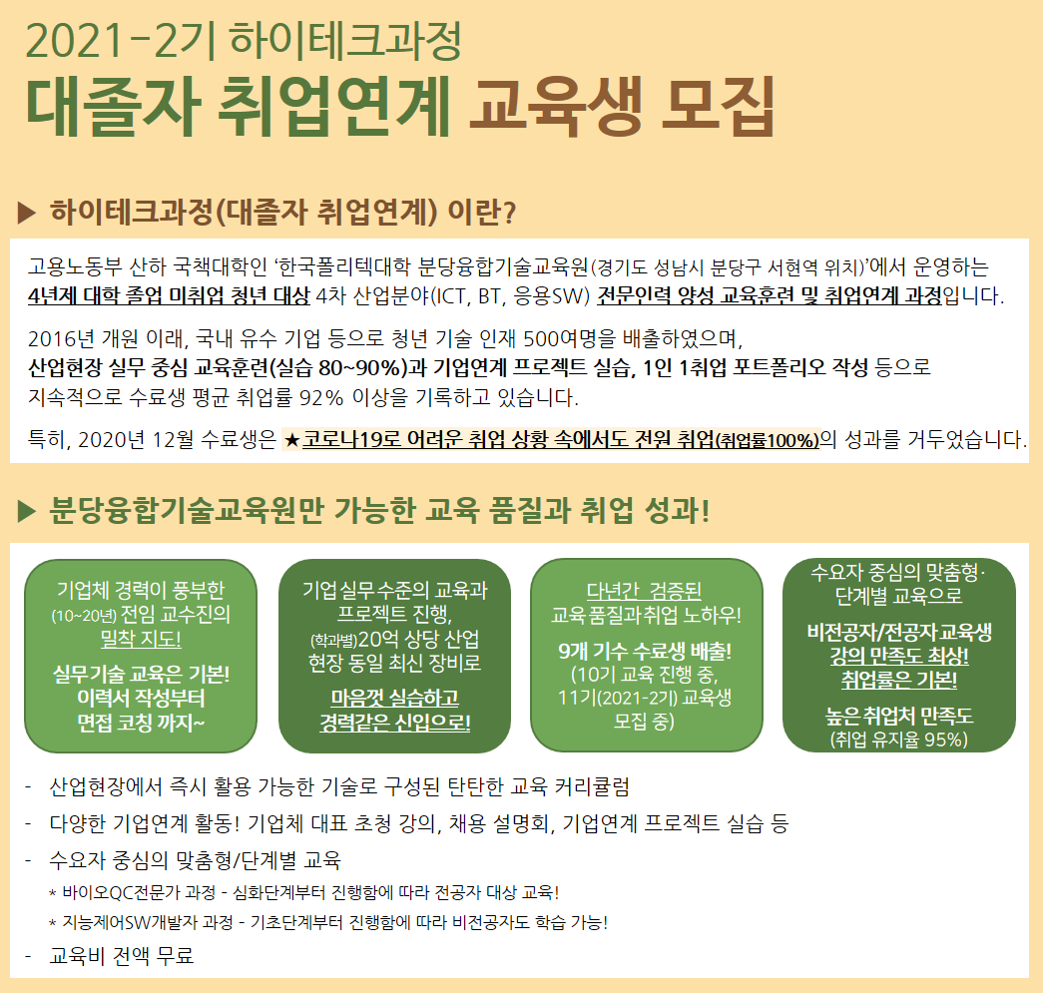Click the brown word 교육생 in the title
click(555, 106)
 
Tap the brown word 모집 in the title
click(719, 106)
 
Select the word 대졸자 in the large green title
click(113, 106)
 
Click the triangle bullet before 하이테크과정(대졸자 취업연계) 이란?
click(27, 213)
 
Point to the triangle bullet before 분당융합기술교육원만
click(27, 511)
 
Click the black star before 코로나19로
click(291, 440)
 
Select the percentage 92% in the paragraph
click(321, 398)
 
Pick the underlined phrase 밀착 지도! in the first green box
click(141, 639)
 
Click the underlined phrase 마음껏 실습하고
click(395, 698)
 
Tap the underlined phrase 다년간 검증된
click(644, 591)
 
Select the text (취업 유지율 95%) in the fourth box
click(898, 740)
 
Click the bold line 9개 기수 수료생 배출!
click(645, 651)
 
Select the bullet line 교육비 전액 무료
click(121, 956)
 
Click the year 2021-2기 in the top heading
click(121, 41)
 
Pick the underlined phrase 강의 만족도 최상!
click(898, 656)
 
